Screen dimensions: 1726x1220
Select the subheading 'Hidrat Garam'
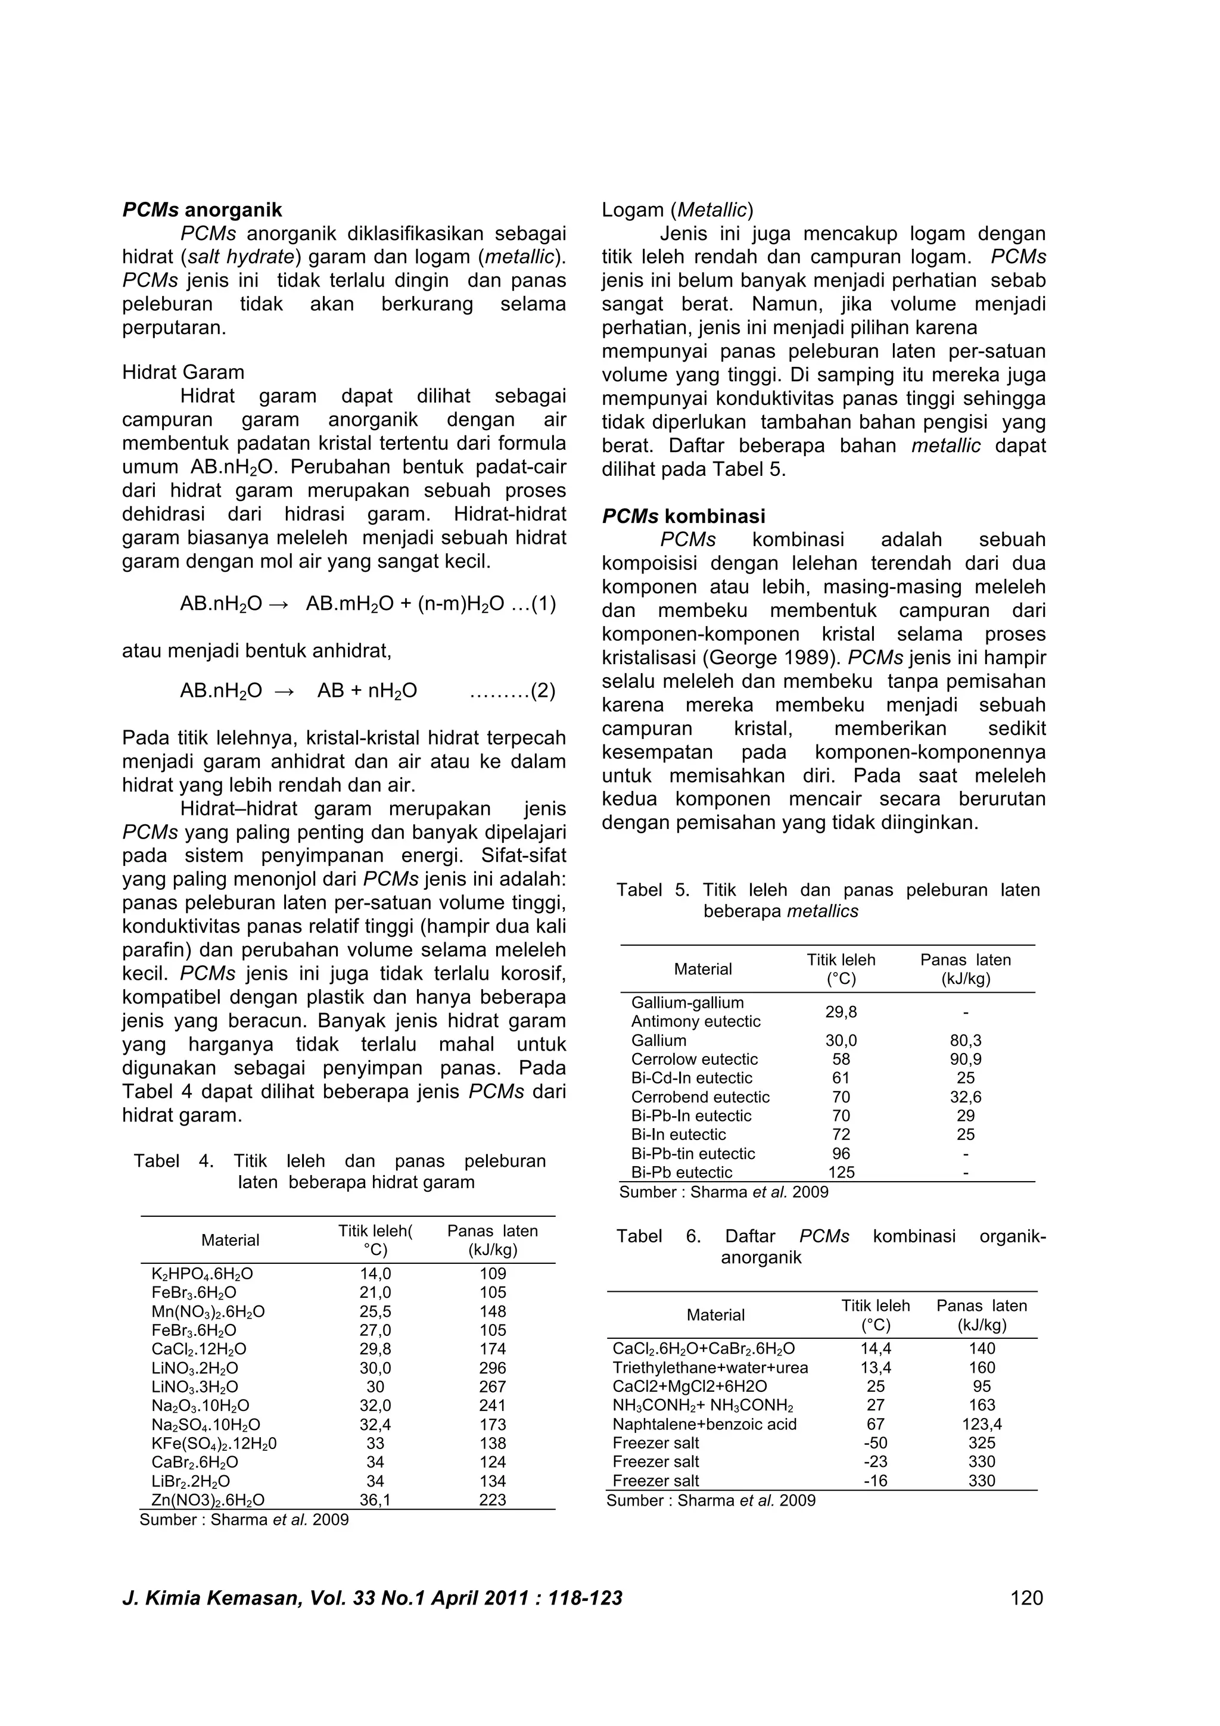[x=183, y=372]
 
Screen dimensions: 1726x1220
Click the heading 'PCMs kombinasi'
[x=683, y=516]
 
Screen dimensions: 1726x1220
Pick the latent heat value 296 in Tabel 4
[x=493, y=1368]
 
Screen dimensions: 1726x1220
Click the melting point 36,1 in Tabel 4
[x=375, y=1500]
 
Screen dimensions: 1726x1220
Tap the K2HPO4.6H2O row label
[x=202, y=1273]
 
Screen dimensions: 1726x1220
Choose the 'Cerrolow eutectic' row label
[x=694, y=1059]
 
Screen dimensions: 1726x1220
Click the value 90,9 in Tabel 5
[x=965, y=1059]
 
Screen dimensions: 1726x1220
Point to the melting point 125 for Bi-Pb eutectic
[x=841, y=1172]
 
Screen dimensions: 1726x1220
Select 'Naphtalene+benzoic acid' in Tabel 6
[x=704, y=1424]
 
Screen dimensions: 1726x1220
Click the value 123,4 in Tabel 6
[x=982, y=1424]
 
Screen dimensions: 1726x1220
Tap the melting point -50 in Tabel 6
[x=875, y=1443]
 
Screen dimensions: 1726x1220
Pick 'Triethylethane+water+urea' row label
[x=709, y=1367]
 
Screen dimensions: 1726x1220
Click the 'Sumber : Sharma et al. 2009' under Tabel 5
[x=723, y=1192]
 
